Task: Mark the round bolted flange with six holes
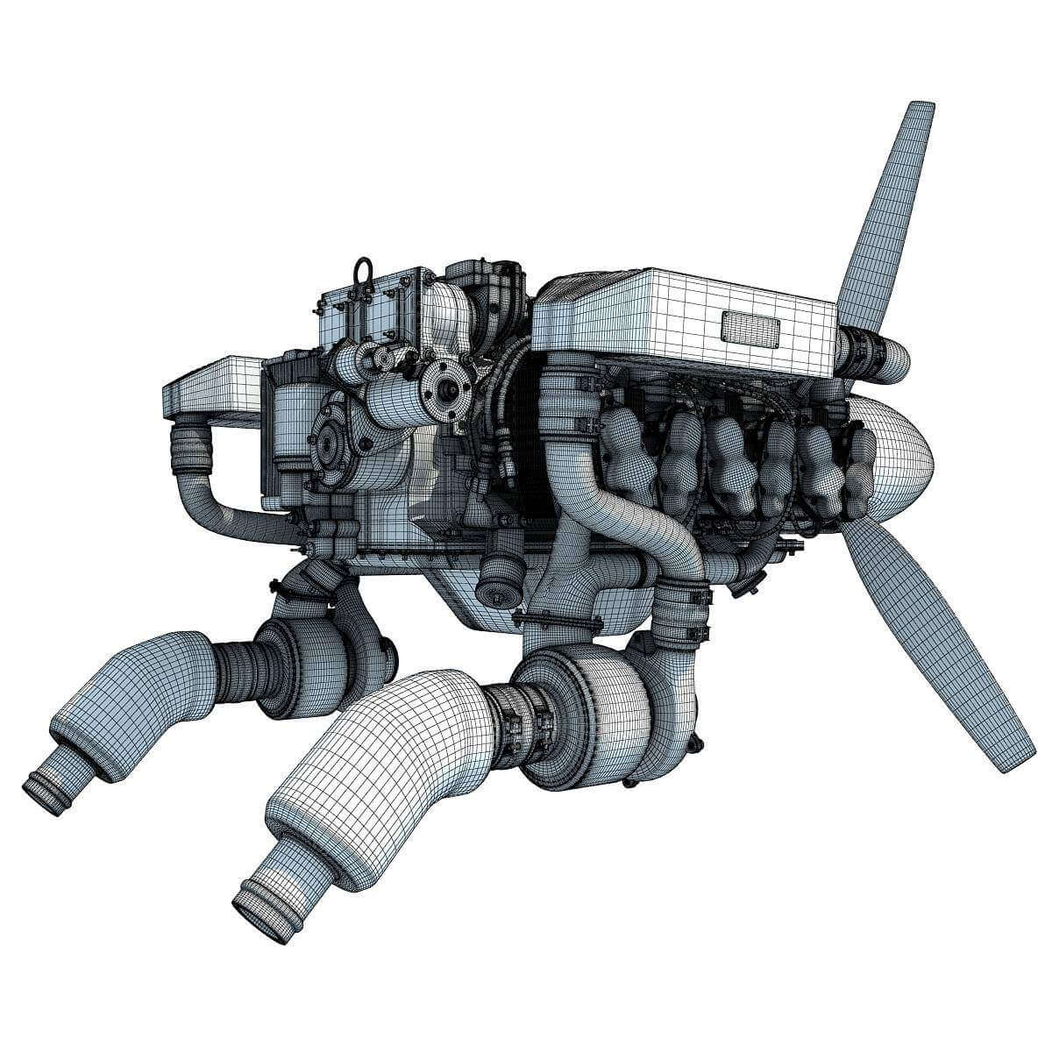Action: [443, 389]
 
